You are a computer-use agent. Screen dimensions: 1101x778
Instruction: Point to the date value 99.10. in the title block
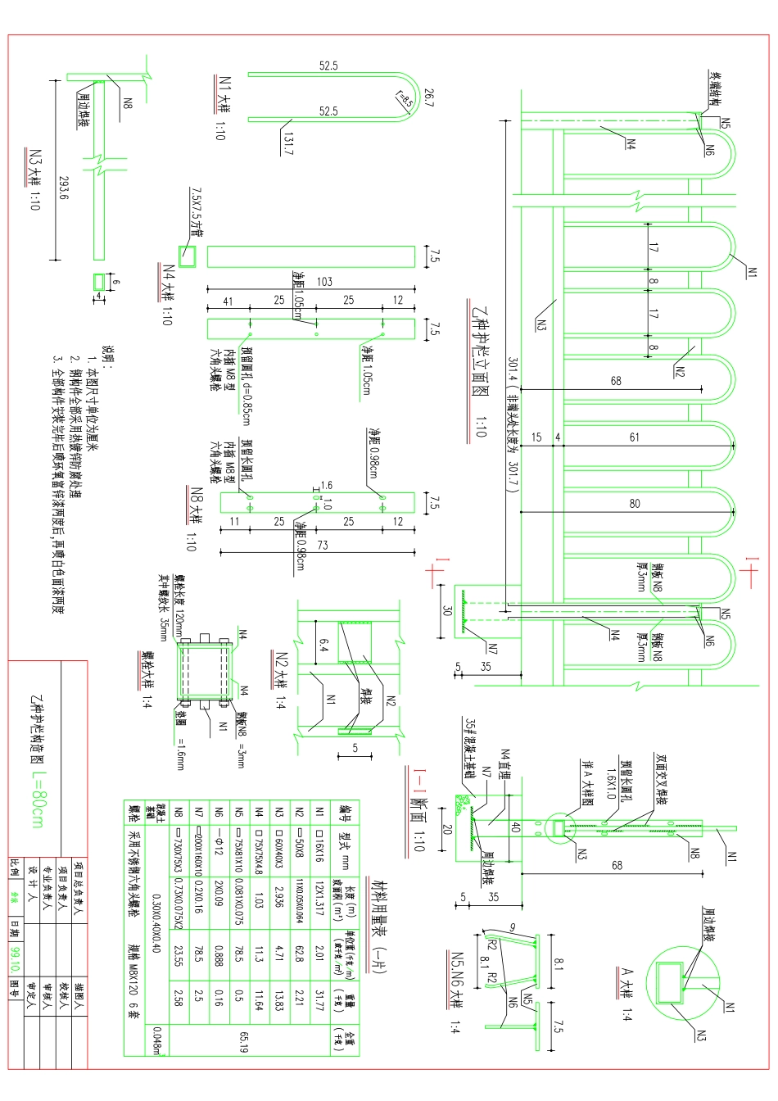coord(16,955)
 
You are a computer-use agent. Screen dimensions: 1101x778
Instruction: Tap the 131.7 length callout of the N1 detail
coord(288,144)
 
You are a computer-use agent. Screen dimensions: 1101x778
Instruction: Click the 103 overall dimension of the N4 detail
coord(324,282)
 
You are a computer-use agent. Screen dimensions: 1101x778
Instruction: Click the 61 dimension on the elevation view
coord(635,437)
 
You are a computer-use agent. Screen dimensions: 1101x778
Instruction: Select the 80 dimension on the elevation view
coord(635,503)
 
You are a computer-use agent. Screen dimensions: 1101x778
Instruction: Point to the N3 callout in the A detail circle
coord(700,1035)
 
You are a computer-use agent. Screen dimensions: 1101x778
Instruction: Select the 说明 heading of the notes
coord(106,358)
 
